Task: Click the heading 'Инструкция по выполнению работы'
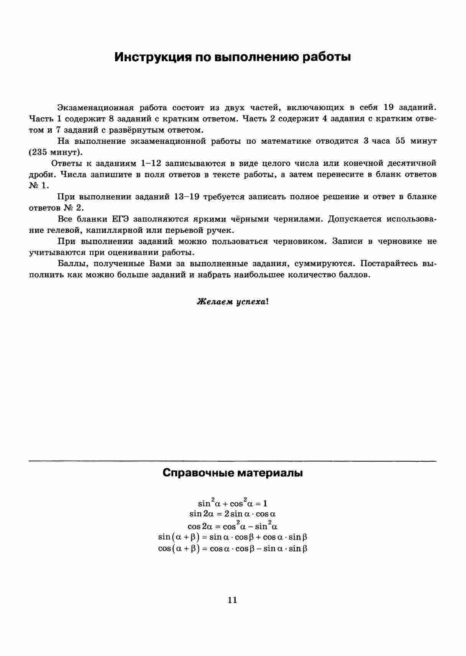(233, 57)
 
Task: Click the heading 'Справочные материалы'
(233, 473)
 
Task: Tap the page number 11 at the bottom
(232, 600)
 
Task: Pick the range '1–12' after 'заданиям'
(150, 163)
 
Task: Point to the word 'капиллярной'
(112, 230)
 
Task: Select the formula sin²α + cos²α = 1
(233, 503)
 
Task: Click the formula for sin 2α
(233, 514)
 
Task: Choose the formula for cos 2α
(233, 525)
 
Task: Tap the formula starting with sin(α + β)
(233, 537)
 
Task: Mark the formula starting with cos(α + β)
(233, 548)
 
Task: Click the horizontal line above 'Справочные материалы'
(233, 460)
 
